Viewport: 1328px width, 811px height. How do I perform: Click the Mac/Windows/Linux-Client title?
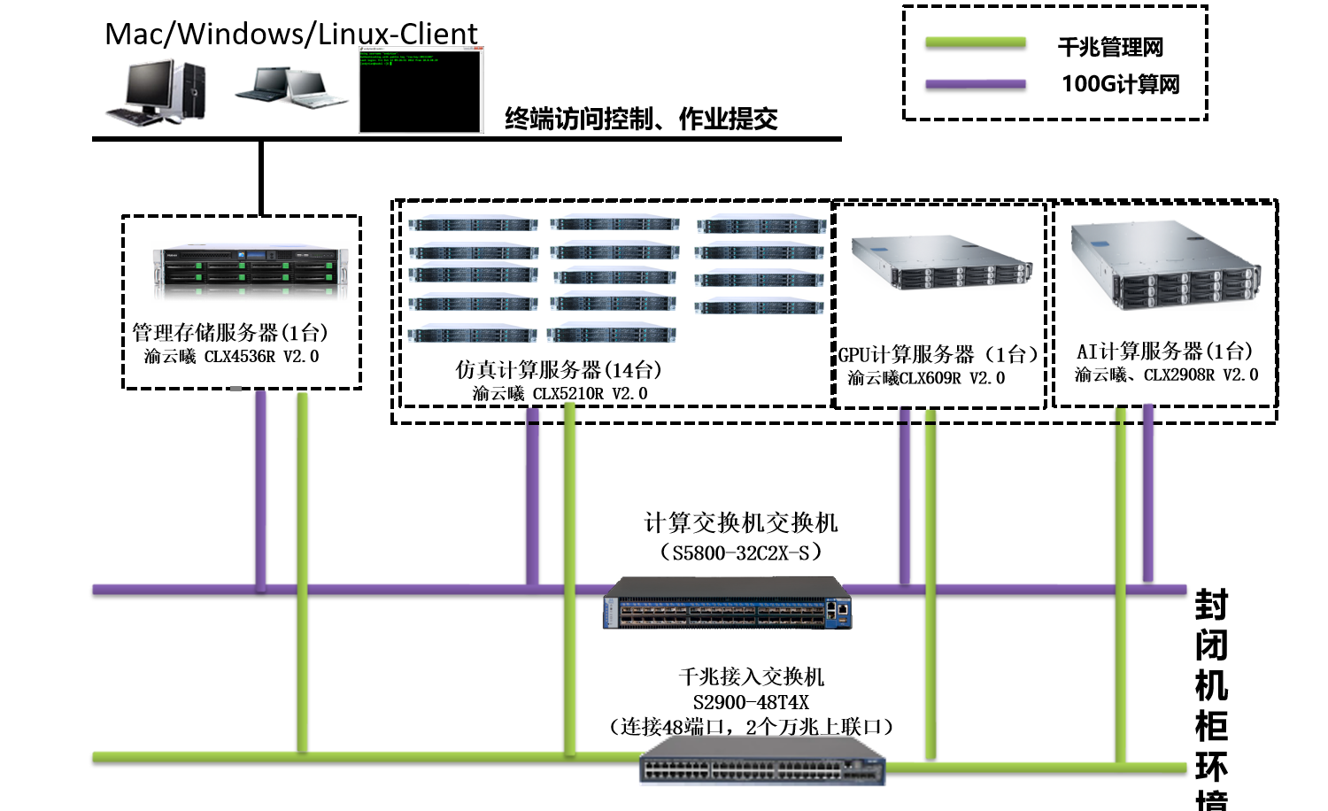coord(290,34)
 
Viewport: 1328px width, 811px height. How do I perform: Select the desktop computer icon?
coord(157,92)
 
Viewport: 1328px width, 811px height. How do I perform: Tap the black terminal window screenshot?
coord(421,91)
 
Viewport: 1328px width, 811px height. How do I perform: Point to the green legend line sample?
coord(975,42)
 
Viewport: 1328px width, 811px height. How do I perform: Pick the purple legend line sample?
coord(975,85)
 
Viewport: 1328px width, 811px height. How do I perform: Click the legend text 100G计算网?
coord(1120,84)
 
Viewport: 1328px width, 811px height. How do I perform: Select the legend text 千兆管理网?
coord(1110,47)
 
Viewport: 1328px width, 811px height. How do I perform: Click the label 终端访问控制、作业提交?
coord(641,119)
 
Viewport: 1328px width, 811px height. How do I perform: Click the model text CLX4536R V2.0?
coord(232,357)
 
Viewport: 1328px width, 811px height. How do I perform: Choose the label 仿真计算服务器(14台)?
coord(559,370)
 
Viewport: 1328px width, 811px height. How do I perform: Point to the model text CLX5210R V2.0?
coord(560,393)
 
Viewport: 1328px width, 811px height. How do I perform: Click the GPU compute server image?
coord(941,263)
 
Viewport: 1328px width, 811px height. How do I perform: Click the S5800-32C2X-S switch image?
coord(728,604)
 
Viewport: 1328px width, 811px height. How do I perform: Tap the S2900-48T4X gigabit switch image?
coord(762,762)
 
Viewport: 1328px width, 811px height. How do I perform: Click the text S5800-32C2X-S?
coord(741,552)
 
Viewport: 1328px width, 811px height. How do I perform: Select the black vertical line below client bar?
coord(261,177)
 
